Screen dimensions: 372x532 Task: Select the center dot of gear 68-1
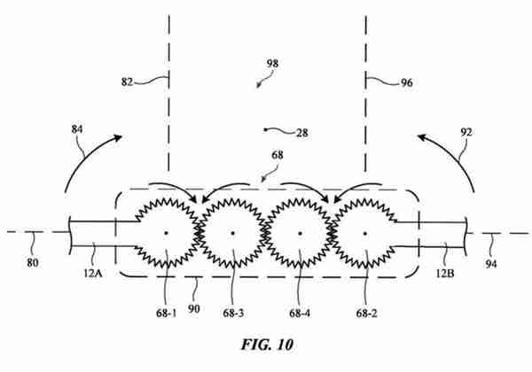167,233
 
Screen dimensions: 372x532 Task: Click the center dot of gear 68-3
232,233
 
